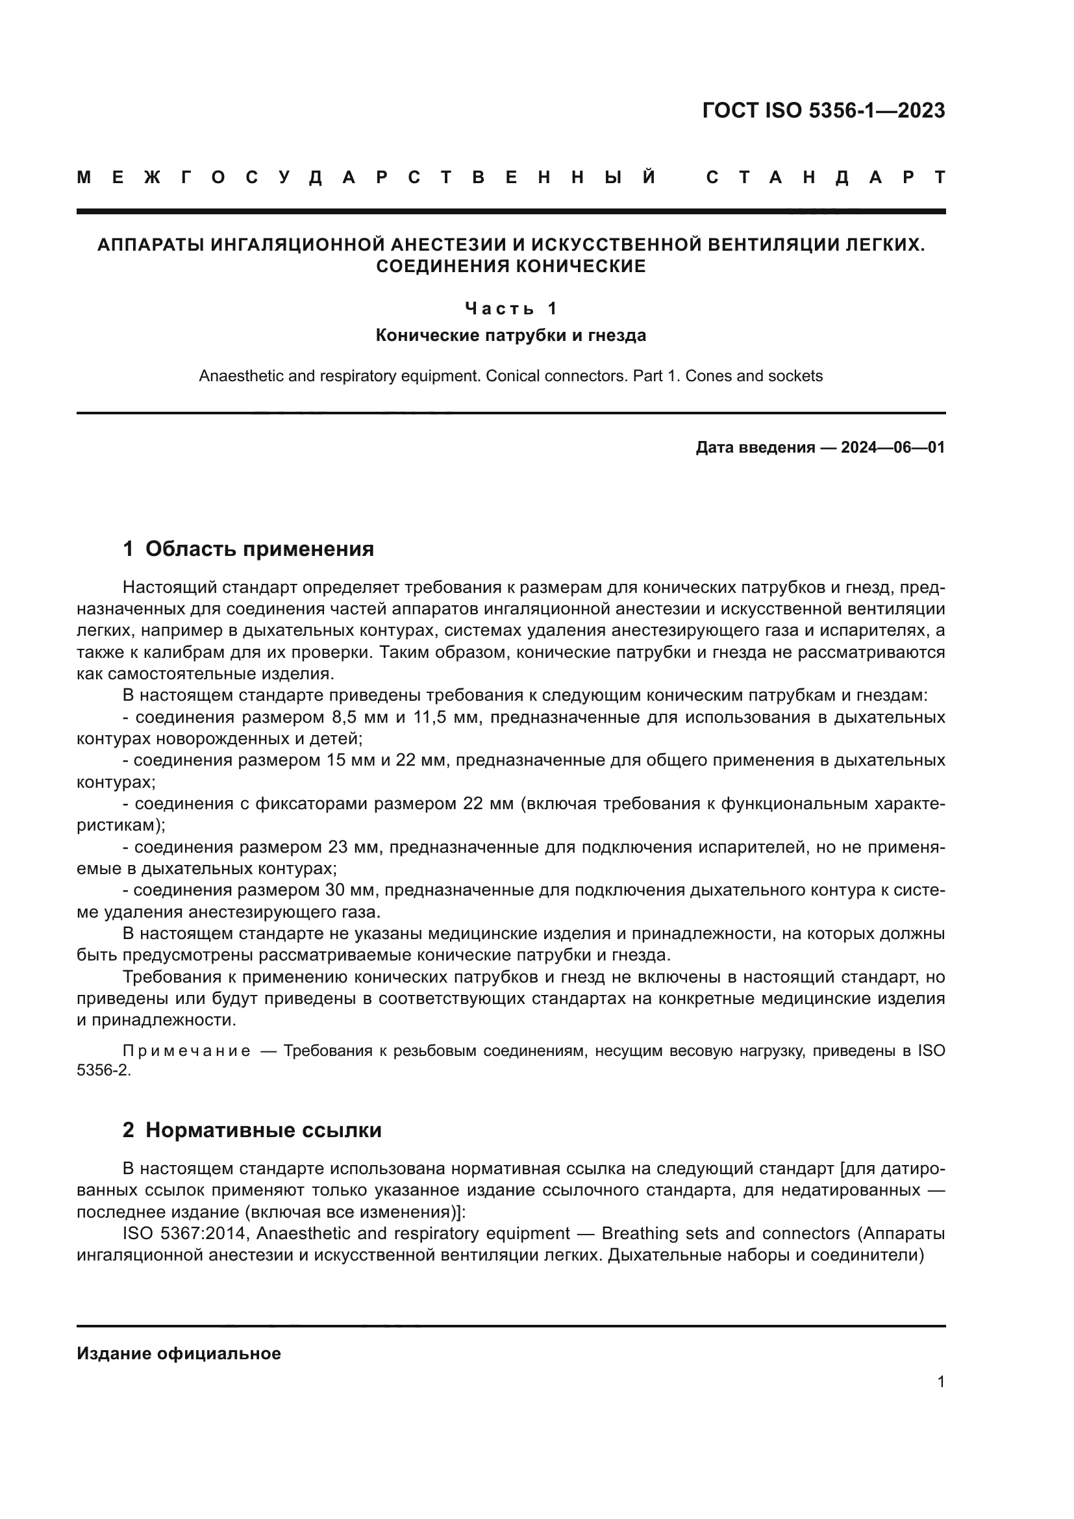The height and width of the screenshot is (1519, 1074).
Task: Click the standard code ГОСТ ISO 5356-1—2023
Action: [x=823, y=110]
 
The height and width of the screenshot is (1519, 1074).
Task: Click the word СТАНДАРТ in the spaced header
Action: [x=825, y=177]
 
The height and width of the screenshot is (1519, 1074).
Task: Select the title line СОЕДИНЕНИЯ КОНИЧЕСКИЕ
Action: [x=510, y=267]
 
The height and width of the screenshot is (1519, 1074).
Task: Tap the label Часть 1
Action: [x=511, y=308]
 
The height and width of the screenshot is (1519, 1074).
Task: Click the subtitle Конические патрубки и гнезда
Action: [x=510, y=335]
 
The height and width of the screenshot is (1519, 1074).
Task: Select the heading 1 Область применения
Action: [x=248, y=549]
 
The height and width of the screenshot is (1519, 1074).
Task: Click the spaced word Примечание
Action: [x=186, y=1051]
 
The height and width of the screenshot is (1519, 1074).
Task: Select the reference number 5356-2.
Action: [x=103, y=1070]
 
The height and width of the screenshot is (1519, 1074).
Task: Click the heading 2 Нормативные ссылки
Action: [x=252, y=1130]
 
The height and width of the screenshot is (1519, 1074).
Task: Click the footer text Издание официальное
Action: [x=179, y=1353]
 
